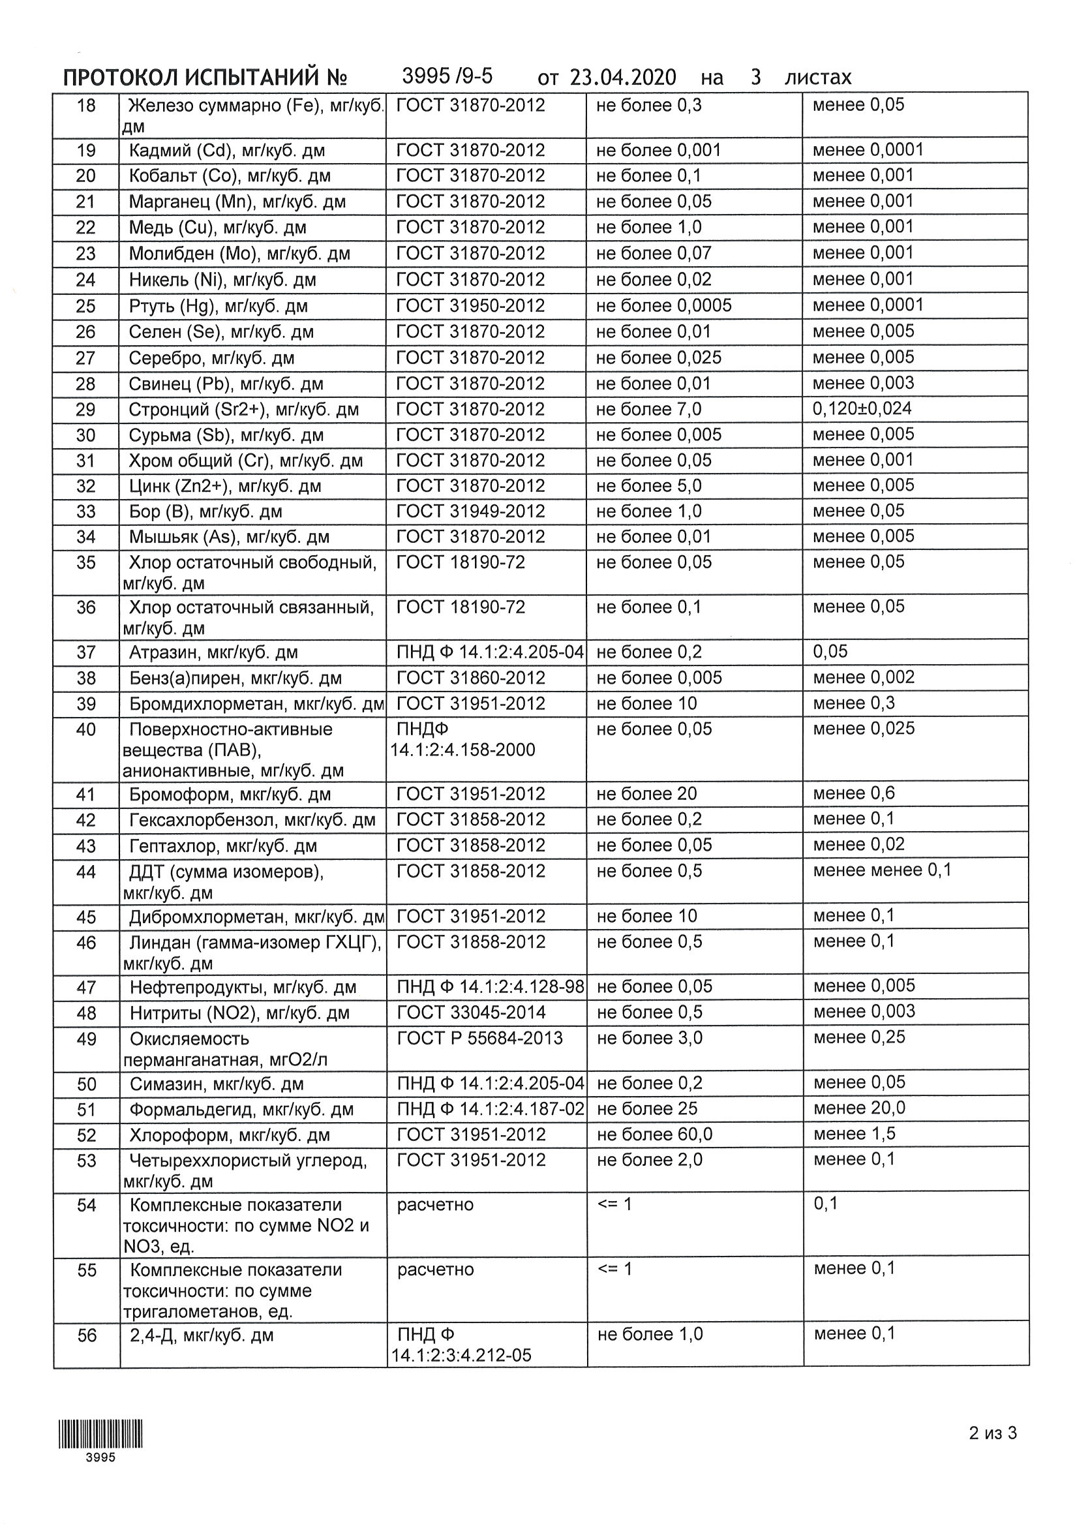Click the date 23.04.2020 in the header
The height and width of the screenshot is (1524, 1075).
tap(622, 78)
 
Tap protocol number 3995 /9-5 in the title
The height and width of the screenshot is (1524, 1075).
tap(447, 76)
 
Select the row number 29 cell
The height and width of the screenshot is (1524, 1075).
tap(85, 410)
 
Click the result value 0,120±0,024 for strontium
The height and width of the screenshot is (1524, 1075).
tap(861, 409)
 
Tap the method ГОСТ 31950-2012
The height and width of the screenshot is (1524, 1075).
tap(470, 306)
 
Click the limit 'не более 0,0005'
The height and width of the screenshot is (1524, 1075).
tap(663, 306)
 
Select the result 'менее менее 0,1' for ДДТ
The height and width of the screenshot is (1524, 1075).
tap(882, 870)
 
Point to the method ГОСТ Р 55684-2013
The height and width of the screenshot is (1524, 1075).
tap(479, 1038)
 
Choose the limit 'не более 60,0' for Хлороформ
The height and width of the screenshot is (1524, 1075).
tap(654, 1135)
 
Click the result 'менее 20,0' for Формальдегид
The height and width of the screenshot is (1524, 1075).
tap(858, 1108)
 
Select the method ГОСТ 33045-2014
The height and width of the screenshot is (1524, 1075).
tap(470, 1013)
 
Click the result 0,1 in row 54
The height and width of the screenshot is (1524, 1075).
tap(826, 1204)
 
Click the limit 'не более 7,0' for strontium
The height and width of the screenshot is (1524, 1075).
tap(648, 410)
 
